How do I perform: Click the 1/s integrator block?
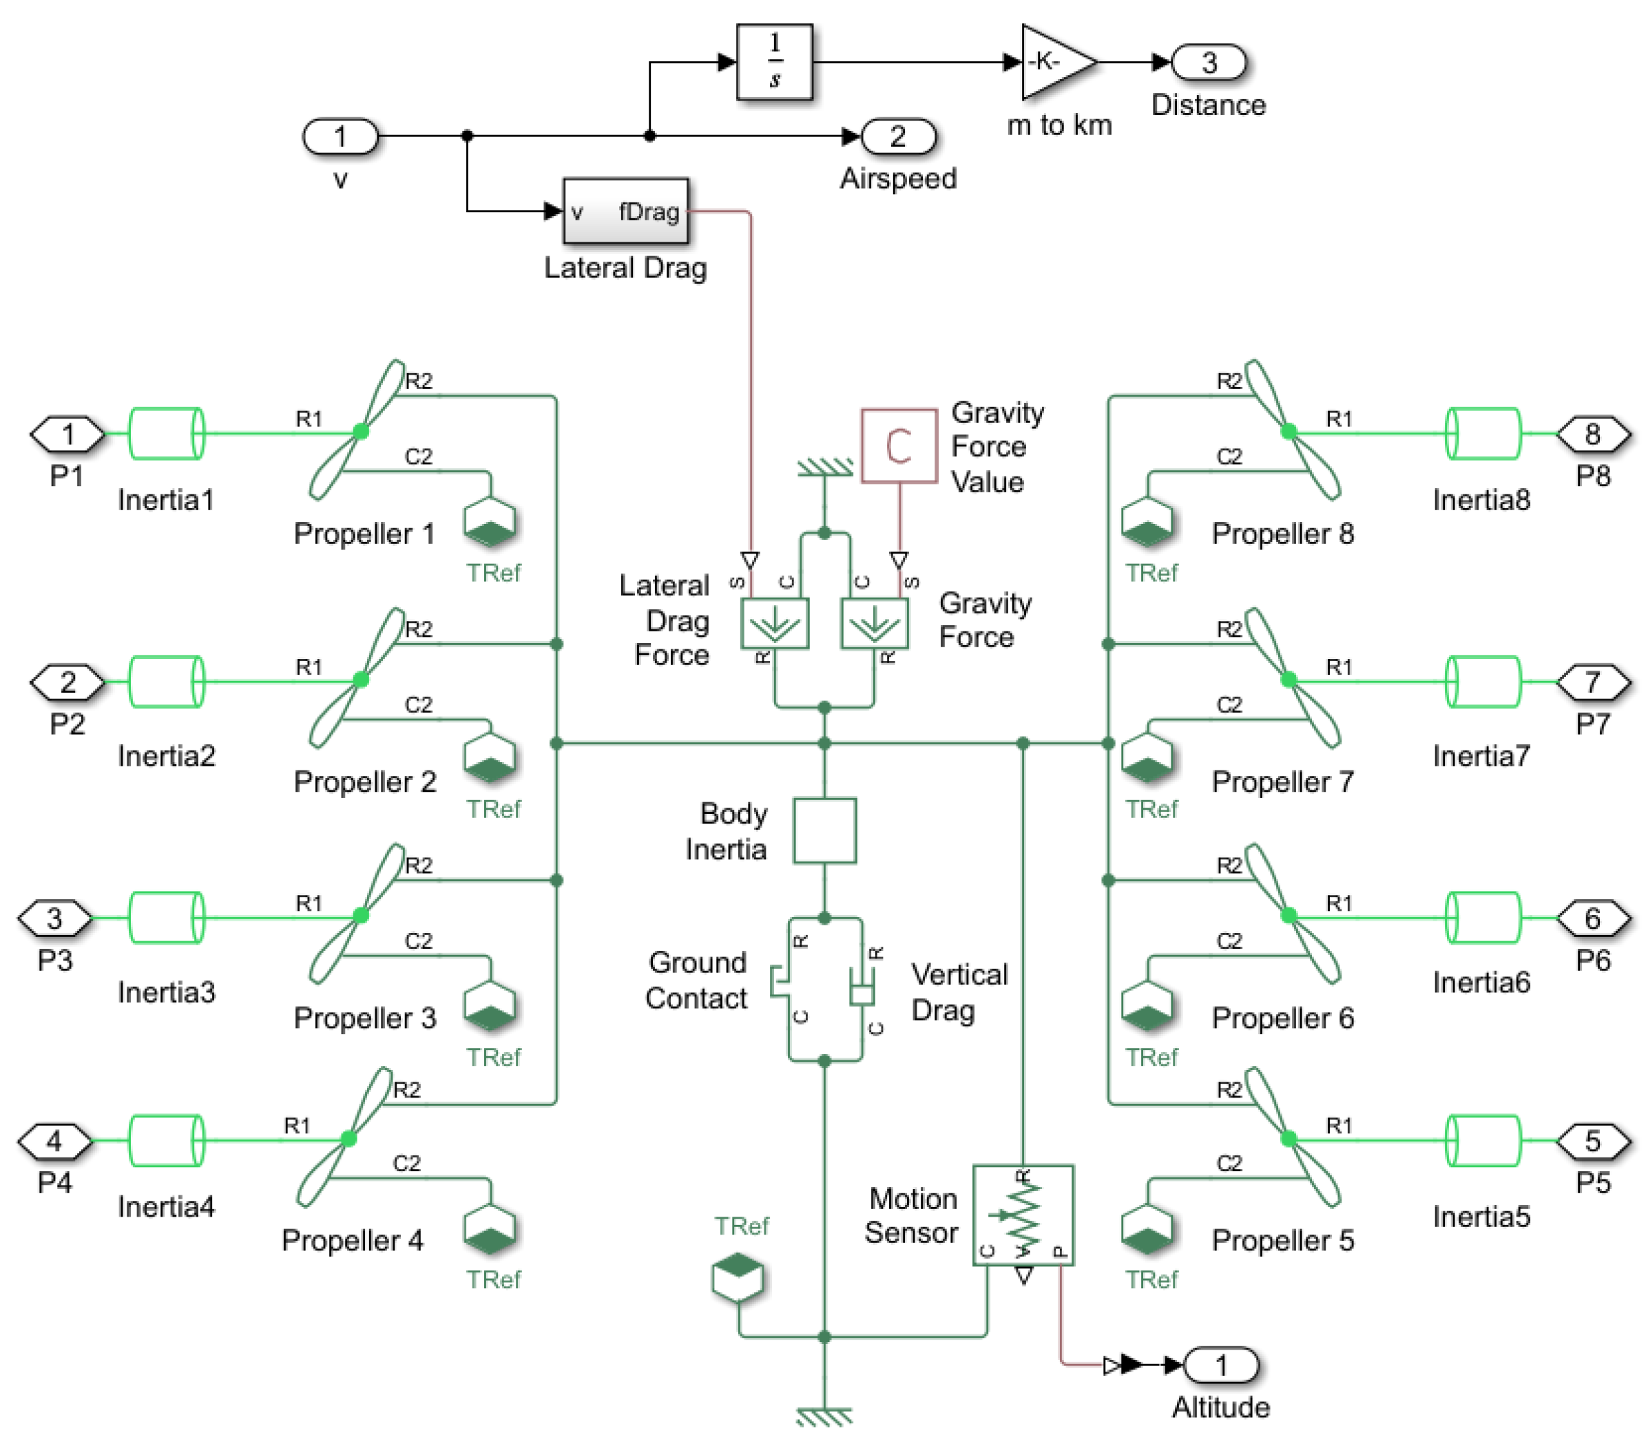(774, 62)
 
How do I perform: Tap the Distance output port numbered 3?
(1209, 62)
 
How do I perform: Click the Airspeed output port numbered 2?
(899, 136)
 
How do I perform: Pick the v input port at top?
(340, 136)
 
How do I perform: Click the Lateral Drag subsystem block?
(625, 211)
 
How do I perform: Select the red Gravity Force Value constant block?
(899, 446)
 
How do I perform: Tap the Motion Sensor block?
(1023, 1215)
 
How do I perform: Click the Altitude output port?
(1221, 1365)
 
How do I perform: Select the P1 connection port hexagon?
(67, 434)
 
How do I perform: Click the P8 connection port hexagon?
(1593, 434)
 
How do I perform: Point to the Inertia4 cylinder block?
(166, 1140)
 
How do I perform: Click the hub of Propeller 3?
(361, 915)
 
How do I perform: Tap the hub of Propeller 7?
(1289, 680)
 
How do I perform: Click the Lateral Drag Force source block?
(775, 623)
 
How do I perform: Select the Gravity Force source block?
(875, 623)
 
